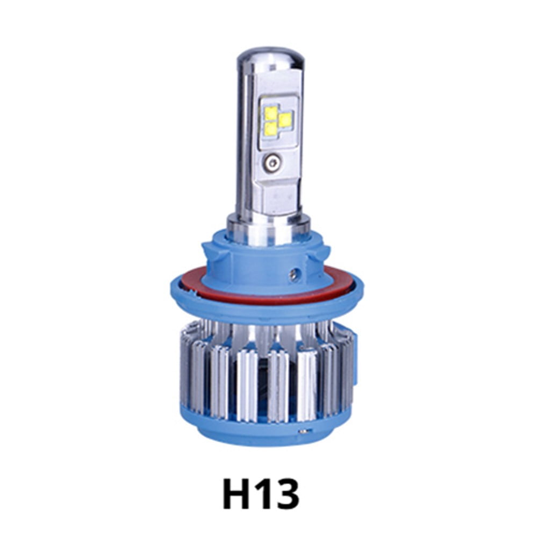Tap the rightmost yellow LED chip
[x=285, y=120]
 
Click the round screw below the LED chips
[x=272, y=161]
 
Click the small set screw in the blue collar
[x=293, y=274]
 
